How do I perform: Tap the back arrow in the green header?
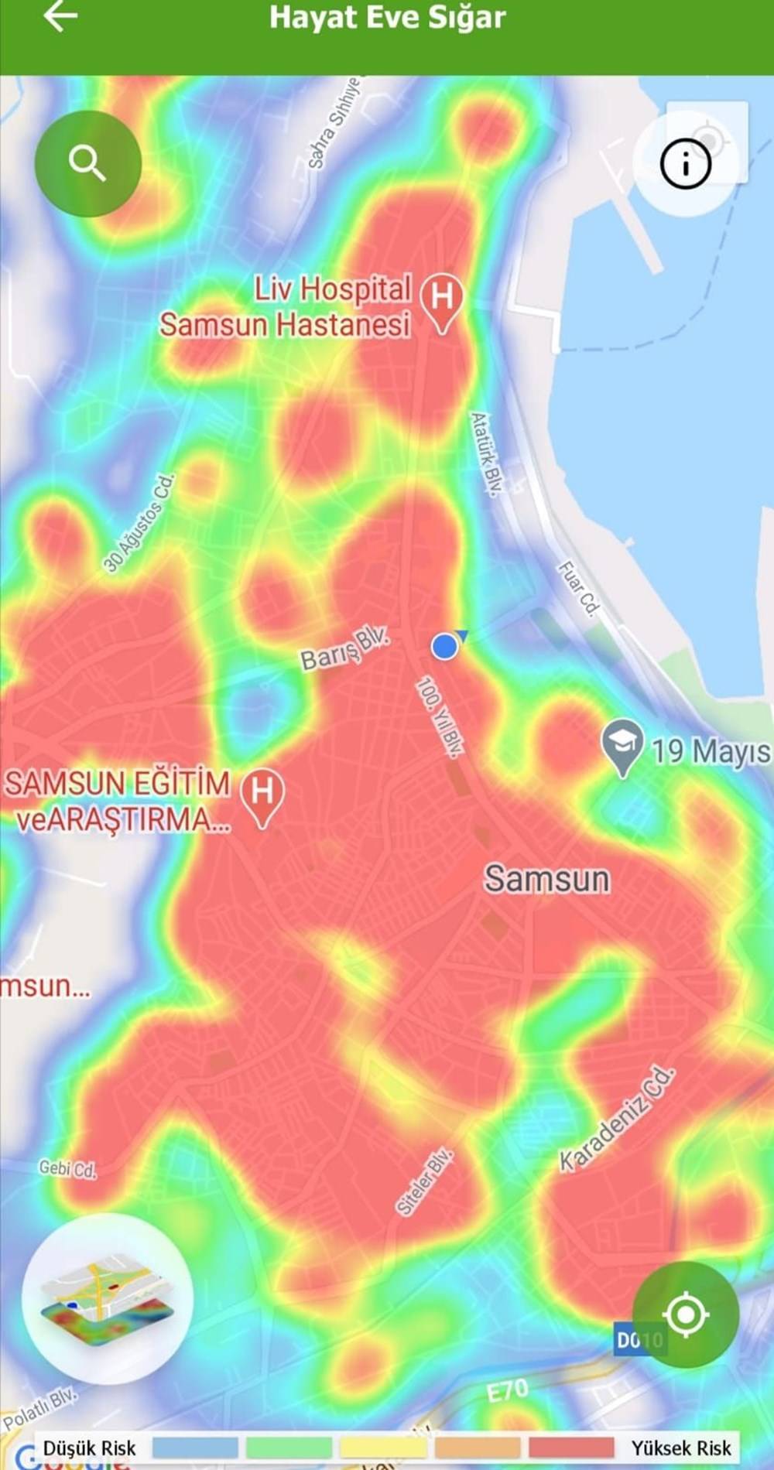tap(60, 16)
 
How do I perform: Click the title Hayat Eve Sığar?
tap(387, 17)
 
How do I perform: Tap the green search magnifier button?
tap(87, 163)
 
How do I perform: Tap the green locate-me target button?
tap(685, 1314)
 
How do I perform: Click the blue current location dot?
tap(444, 645)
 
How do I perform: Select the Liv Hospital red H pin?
tap(442, 300)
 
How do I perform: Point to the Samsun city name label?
tap(547, 880)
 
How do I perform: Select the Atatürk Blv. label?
tap(487, 453)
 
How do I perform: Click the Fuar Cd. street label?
tap(579, 589)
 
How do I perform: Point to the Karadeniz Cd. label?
tap(618, 1120)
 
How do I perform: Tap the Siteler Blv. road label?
tap(423, 1182)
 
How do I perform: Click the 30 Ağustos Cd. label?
tap(140, 523)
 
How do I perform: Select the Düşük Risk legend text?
tap(89, 1448)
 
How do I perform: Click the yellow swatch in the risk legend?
tap(382, 1448)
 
